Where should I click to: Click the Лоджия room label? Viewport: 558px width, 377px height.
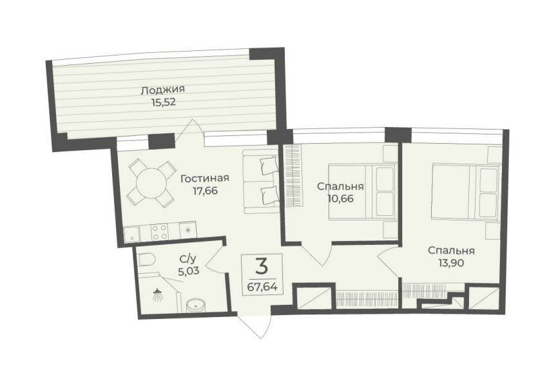click(x=163, y=90)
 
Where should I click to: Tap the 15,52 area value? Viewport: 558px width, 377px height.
click(x=164, y=103)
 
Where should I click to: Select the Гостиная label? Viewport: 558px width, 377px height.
click(x=205, y=178)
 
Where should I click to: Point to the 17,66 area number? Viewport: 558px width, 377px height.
click(x=205, y=191)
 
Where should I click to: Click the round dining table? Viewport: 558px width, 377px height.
click(x=151, y=183)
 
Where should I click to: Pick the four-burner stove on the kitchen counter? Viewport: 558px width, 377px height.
click(x=159, y=231)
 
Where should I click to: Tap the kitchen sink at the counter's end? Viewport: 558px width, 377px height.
click(x=131, y=233)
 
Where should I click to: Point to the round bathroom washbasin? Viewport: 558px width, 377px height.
click(x=196, y=305)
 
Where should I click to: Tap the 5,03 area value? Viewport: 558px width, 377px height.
click(x=189, y=272)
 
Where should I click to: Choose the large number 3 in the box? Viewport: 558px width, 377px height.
click(x=261, y=266)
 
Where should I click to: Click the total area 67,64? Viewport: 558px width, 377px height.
click(x=262, y=287)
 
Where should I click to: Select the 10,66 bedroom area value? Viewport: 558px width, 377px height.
click(x=341, y=199)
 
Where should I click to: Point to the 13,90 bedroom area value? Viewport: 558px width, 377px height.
click(x=451, y=264)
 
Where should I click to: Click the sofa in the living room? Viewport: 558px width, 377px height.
click(x=260, y=182)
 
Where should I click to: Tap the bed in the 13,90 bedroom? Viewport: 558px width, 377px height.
click(x=467, y=191)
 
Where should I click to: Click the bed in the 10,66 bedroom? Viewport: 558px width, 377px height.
click(x=362, y=191)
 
